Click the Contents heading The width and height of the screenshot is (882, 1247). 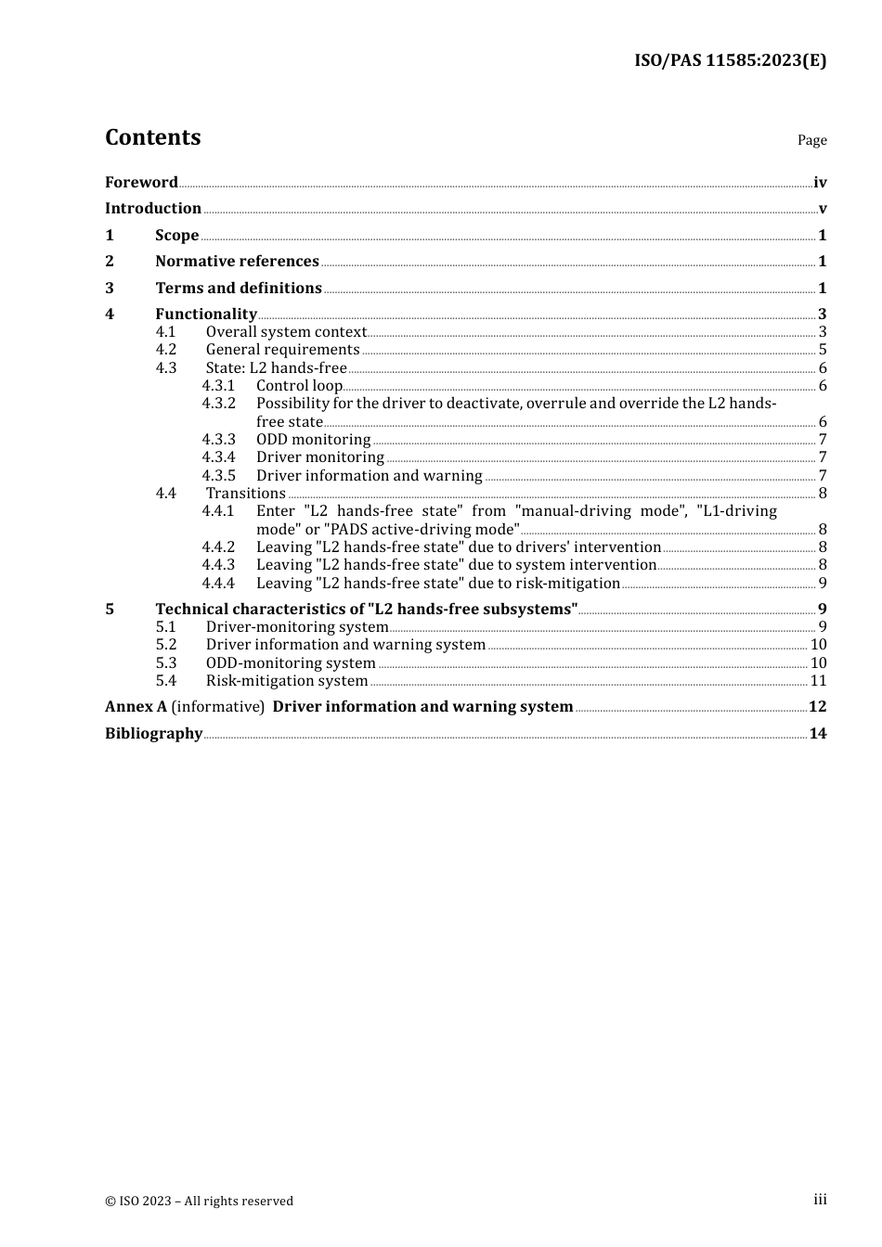(153, 137)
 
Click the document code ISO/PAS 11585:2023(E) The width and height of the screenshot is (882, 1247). (730, 60)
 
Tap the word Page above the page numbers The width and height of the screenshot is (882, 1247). (811, 140)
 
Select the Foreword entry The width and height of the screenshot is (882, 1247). (141, 182)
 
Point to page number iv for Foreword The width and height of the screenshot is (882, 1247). (820, 183)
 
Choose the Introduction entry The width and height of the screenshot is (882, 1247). (153, 208)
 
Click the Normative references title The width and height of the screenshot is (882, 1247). (237, 261)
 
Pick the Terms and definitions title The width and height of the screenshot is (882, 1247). (239, 288)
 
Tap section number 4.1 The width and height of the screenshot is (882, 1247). (166, 331)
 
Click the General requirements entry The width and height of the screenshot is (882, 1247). (282, 349)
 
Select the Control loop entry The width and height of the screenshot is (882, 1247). (299, 385)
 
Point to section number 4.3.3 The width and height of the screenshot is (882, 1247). (219, 439)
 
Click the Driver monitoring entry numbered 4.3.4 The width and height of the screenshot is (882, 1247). (320, 456)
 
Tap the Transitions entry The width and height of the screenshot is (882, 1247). (246, 493)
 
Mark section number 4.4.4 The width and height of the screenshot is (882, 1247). (219, 583)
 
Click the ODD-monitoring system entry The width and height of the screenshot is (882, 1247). (291, 662)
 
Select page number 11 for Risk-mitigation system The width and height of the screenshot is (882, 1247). (818, 680)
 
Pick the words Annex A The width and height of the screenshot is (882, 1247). (136, 706)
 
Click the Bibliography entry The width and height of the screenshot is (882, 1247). (153, 733)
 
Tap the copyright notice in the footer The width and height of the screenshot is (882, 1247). (199, 1201)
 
